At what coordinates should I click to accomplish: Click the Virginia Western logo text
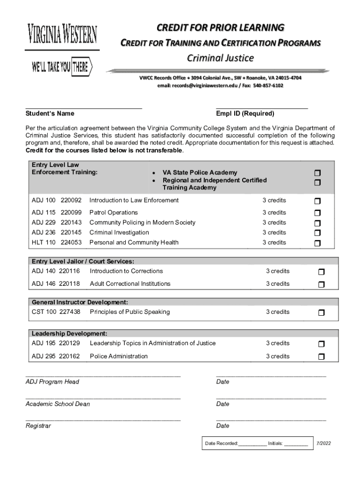coord(62,36)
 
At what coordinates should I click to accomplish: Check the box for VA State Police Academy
coord(317,173)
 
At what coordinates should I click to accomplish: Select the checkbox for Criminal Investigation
coord(317,233)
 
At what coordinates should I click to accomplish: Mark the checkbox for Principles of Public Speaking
coord(321,312)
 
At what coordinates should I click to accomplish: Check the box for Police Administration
coord(321,357)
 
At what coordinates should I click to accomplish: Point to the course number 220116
coord(70,271)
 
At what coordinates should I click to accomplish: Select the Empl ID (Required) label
coord(245,114)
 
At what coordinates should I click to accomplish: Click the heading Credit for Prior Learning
coord(220,28)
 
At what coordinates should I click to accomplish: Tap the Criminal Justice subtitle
coord(220,58)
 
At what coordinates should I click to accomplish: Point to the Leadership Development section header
coord(70,334)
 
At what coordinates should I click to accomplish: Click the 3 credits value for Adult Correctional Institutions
coord(278,283)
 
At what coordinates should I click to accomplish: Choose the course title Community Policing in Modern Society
coord(142,223)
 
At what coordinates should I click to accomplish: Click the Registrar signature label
coord(38,426)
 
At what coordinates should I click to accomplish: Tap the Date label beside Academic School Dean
coord(223,404)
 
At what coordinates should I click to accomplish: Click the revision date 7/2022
coord(324,443)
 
